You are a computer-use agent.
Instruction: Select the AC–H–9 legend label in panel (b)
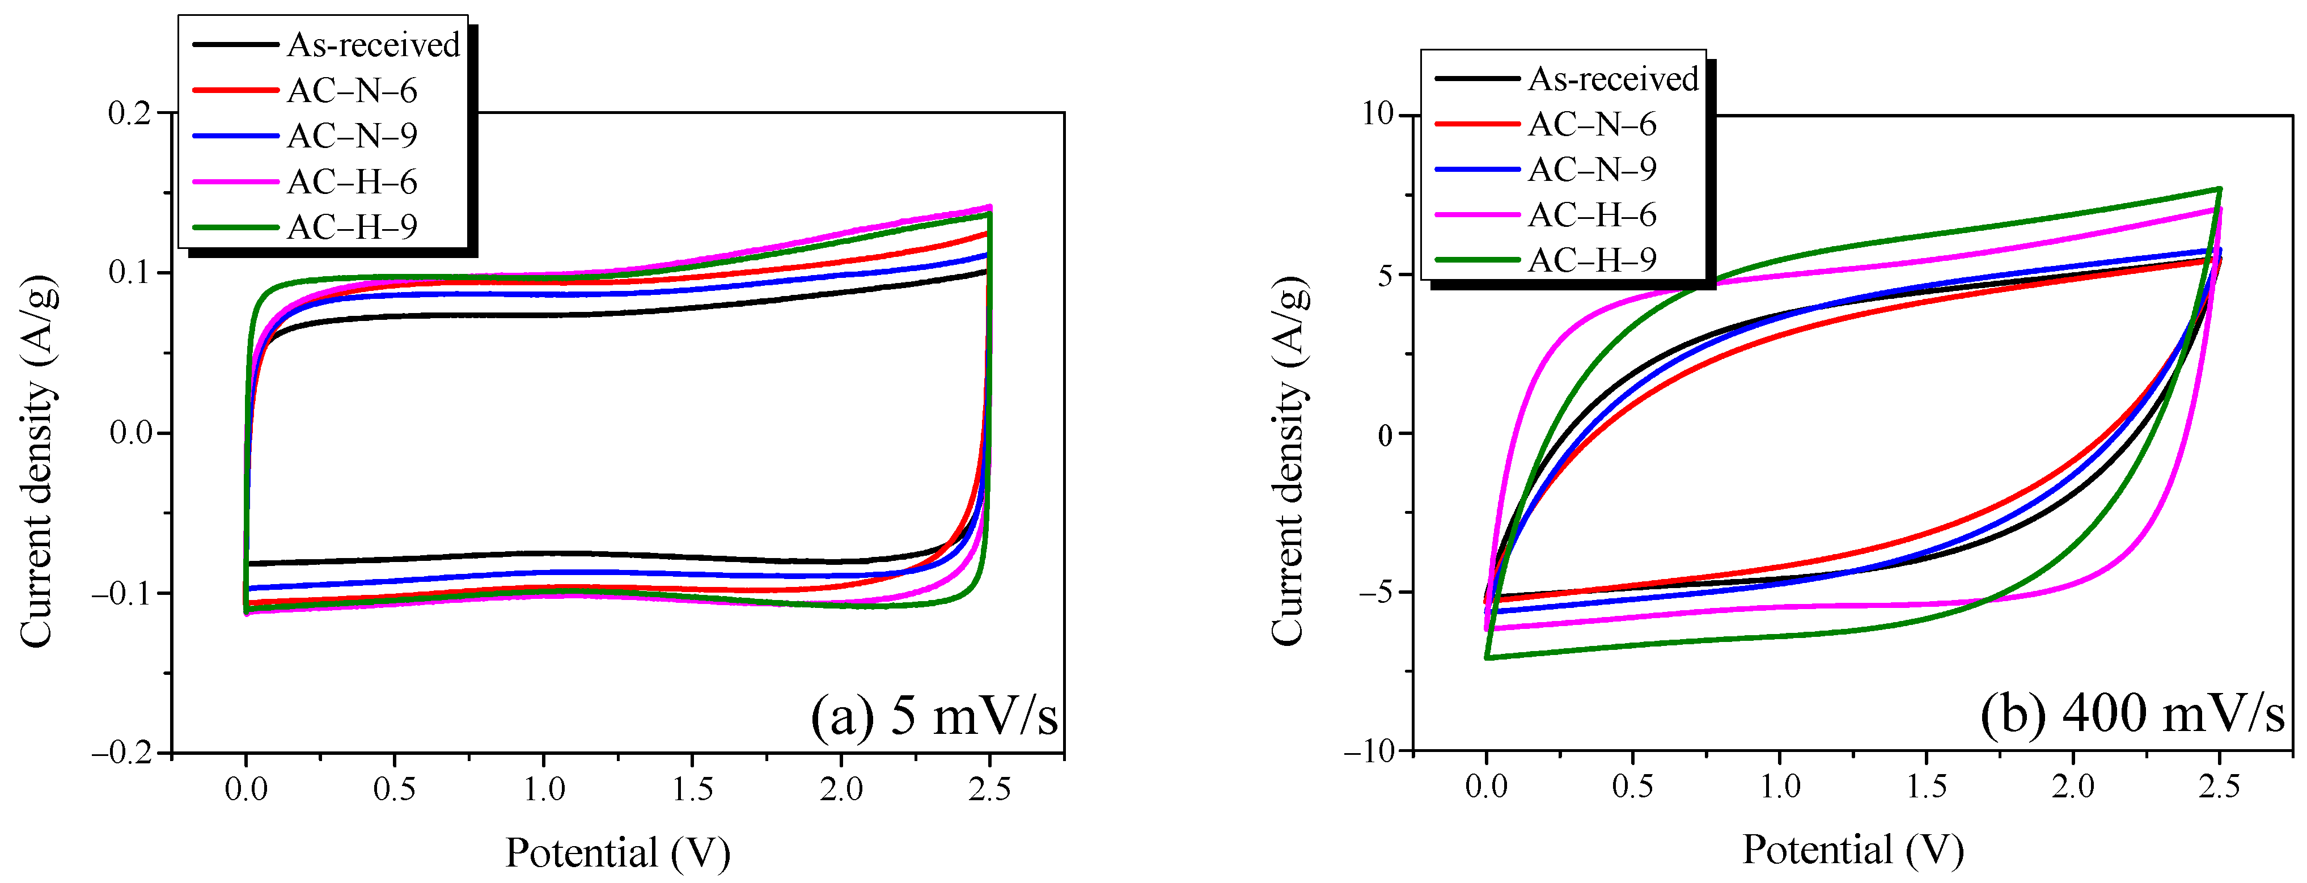pos(1591,260)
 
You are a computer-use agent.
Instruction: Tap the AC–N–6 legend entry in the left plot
pos(352,90)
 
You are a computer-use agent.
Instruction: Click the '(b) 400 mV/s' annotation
pos(2132,714)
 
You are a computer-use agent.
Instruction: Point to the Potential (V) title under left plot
pos(618,852)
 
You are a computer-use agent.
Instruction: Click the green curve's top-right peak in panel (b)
pos(2219,189)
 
